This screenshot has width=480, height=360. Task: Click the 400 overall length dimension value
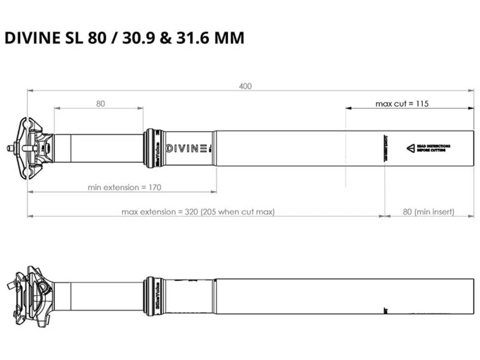pyautogui.click(x=246, y=86)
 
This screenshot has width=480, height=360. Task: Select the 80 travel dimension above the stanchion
pyautogui.click(x=100, y=104)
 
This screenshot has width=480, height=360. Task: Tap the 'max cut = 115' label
pyautogui.click(x=402, y=104)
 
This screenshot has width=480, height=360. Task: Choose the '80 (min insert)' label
pyautogui.click(x=428, y=212)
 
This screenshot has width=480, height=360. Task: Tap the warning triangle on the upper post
pyautogui.click(x=411, y=148)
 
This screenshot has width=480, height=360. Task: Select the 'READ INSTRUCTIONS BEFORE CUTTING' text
pyautogui.click(x=434, y=148)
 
